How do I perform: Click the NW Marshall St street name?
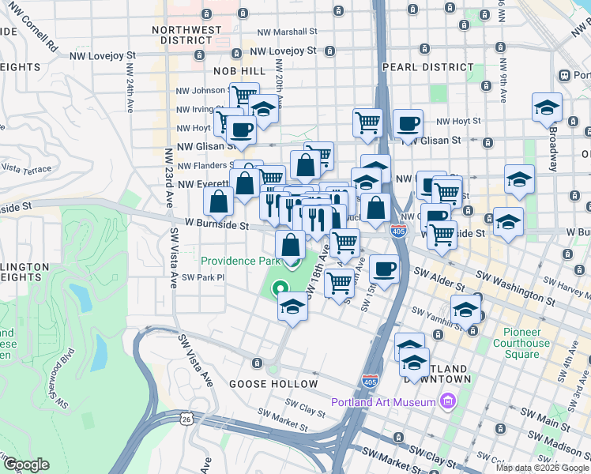click(x=288, y=32)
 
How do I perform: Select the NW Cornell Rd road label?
click(x=29, y=43)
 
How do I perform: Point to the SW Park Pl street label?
click(x=203, y=277)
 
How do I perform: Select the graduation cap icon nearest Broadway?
click(x=547, y=107)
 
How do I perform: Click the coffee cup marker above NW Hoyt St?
click(x=408, y=123)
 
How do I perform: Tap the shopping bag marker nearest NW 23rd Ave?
click(x=219, y=201)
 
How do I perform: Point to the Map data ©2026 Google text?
click(x=543, y=468)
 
